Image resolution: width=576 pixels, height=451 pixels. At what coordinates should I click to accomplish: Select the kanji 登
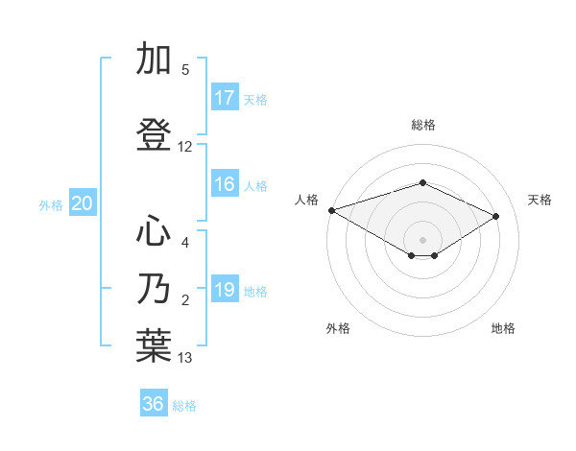click(x=155, y=135)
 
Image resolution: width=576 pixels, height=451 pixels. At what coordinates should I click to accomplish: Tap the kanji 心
click(x=155, y=231)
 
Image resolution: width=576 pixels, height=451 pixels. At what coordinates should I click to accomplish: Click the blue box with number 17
click(x=225, y=98)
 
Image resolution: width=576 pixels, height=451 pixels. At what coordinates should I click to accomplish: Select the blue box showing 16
click(x=225, y=184)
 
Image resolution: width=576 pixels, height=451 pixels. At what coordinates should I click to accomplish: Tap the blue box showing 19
click(x=225, y=290)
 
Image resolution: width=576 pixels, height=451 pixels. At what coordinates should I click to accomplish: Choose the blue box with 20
click(x=83, y=203)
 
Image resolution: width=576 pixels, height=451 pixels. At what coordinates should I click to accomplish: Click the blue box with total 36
click(x=154, y=404)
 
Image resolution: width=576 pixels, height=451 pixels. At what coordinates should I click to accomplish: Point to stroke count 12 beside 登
click(x=185, y=147)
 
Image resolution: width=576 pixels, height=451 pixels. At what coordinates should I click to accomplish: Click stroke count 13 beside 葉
click(x=185, y=358)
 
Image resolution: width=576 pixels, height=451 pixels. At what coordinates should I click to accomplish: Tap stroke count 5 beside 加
click(x=185, y=70)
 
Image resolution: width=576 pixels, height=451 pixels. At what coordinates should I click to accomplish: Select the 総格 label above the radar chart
click(x=422, y=125)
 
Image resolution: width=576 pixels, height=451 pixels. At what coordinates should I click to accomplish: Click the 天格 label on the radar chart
click(x=540, y=200)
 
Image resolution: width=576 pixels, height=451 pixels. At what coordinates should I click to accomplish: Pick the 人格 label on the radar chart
click(x=306, y=200)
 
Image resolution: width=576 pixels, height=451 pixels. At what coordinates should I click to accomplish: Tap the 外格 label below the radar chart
click(x=338, y=329)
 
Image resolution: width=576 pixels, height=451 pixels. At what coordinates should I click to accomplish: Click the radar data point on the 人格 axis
click(x=331, y=209)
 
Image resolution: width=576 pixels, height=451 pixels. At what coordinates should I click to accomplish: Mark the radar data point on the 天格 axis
click(x=496, y=216)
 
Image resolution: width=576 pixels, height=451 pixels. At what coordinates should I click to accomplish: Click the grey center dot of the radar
click(x=422, y=239)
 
